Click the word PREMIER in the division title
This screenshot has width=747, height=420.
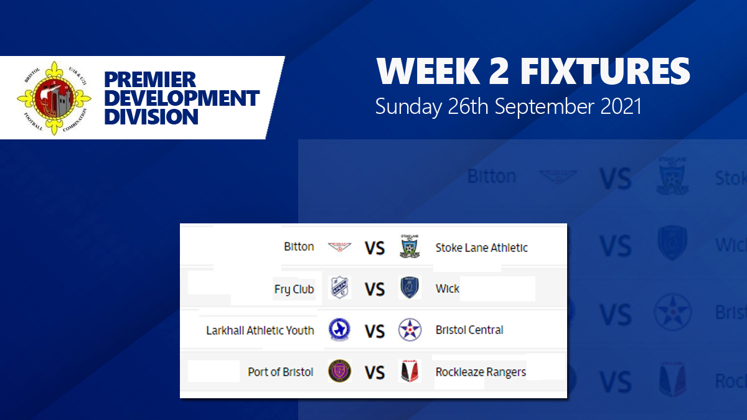point(150,80)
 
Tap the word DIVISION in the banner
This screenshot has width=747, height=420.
point(151,116)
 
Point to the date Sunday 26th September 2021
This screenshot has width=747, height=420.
point(508,106)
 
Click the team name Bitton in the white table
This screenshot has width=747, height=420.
point(299,247)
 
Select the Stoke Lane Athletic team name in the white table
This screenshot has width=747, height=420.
point(481,248)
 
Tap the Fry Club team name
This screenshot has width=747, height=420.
point(294,289)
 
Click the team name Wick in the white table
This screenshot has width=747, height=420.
point(448,289)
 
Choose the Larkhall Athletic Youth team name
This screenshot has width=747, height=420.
point(260,330)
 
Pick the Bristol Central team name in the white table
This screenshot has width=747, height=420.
point(469,330)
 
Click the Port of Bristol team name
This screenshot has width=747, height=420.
point(280,372)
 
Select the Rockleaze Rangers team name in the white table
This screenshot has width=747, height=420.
point(481,372)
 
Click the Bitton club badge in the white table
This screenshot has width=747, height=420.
point(339,247)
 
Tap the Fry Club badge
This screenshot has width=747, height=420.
point(339,288)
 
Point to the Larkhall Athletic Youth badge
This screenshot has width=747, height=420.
point(339,330)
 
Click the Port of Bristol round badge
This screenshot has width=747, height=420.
point(339,371)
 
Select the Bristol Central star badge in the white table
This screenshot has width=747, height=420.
point(410,330)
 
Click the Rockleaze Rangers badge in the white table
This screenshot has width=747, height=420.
point(410,371)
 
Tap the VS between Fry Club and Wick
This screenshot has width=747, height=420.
point(374,289)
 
